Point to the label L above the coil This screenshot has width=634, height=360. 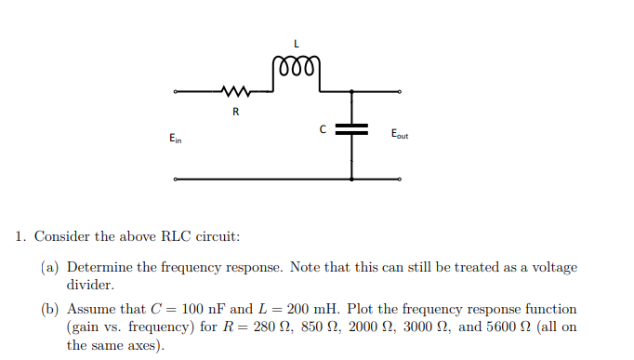296,43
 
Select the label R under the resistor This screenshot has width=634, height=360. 235,113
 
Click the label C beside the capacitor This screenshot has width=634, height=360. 324,129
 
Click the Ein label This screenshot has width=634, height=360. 176,139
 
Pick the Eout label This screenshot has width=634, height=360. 400,134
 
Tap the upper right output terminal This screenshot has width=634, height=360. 400,91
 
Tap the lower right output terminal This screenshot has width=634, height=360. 400,178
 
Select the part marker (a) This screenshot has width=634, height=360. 50,268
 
